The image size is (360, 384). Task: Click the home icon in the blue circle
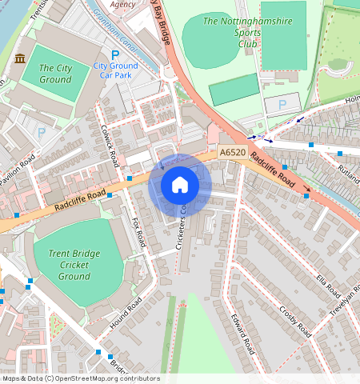(180, 186)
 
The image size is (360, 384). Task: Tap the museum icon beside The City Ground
(19, 59)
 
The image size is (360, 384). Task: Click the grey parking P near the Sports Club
(281, 104)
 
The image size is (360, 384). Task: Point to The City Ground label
(55, 74)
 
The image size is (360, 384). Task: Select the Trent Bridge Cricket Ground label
(74, 265)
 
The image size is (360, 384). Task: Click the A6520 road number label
(231, 150)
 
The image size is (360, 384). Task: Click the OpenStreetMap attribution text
(80, 378)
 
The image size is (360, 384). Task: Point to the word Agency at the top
(123, 4)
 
